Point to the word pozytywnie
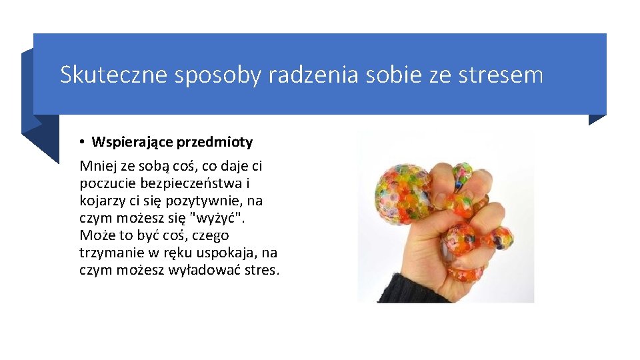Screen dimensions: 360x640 (209, 201)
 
